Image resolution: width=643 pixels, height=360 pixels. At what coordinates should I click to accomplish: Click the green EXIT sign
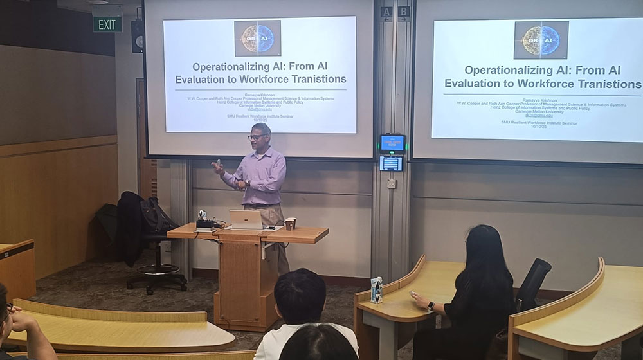[107, 24]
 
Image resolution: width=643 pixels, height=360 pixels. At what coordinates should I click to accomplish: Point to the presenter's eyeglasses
[256, 136]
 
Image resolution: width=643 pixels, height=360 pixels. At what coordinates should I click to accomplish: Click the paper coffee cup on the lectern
[290, 224]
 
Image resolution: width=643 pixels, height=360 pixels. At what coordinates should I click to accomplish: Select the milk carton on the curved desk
[377, 290]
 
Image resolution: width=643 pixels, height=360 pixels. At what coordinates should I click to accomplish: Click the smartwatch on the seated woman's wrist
[431, 306]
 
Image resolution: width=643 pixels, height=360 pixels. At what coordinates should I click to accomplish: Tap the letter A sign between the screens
[386, 12]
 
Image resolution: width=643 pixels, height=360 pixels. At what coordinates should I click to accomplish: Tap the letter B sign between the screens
[403, 12]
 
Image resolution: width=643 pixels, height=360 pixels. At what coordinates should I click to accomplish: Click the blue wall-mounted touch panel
[392, 143]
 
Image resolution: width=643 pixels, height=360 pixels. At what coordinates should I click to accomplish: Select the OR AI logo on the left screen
[257, 38]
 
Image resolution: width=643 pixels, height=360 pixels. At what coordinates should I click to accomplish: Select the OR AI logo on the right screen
[541, 40]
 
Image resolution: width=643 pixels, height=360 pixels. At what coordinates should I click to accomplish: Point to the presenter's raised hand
[217, 166]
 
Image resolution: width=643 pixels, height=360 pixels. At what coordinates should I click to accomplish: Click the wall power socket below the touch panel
[391, 183]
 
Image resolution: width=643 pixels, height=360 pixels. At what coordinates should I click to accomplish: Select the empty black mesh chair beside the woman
[533, 283]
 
